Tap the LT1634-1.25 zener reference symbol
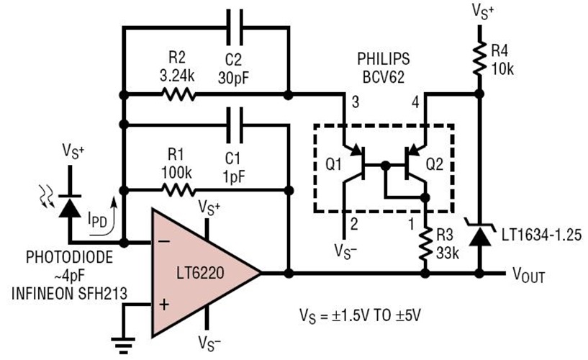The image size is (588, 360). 480,232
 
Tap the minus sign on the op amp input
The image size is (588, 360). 163,240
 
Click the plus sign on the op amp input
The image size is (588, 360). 163,305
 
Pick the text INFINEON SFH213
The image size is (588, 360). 70,291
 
